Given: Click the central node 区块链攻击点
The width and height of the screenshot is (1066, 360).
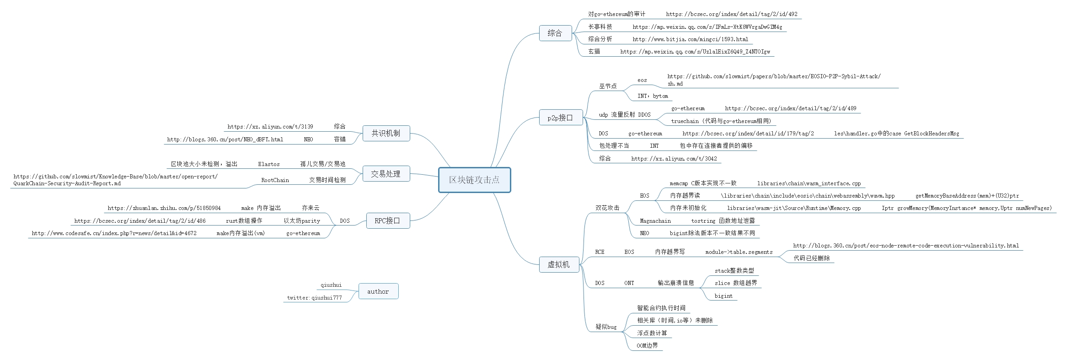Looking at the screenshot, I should pyautogui.click(x=474, y=180).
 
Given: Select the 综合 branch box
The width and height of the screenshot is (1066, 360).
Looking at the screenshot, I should pyautogui.click(x=555, y=33).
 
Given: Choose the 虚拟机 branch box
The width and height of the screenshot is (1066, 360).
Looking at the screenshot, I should pyautogui.click(x=559, y=264).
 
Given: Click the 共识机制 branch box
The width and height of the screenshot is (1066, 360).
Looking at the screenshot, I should pyautogui.click(x=386, y=133).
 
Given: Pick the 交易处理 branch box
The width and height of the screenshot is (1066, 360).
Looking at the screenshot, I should pyautogui.click(x=386, y=174).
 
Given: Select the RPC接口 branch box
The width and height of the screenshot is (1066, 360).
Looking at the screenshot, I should pyautogui.click(x=387, y=220).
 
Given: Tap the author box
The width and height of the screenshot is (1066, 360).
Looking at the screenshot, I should pyautogui.click(x=378, y=291).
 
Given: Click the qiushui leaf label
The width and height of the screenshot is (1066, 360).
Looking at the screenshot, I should pyautogui.click(x=331, y=285).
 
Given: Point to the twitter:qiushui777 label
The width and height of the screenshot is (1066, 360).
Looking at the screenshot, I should pyautogui.click(x=315, y=298).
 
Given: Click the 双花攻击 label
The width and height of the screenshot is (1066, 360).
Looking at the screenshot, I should pyautogui.click(x=607, y=208).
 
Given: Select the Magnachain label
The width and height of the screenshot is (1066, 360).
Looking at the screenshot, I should pyautogui.click(x=655, y=221).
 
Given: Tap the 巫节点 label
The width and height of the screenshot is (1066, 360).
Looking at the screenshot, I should pyautogui.click(x=608, y=86).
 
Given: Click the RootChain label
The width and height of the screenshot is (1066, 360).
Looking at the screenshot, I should pyautogui.click(x=275, y=180).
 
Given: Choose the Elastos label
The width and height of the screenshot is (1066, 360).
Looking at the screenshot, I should pyautogui.click(x=269, y=164).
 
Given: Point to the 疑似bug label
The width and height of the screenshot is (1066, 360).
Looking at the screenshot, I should pyautogui.click(x=606, y=327).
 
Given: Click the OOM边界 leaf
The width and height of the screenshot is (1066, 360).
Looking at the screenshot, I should pyautogui.click(x=647, y=346).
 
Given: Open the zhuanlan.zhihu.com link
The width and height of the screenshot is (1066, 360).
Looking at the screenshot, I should pyautogui.click(x=164, y=208).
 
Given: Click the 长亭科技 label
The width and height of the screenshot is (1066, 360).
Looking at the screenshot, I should pyautogui.click(x=600, y=27).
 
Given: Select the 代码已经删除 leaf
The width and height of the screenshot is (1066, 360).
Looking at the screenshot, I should pyautogui.click(x=812, y=258).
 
